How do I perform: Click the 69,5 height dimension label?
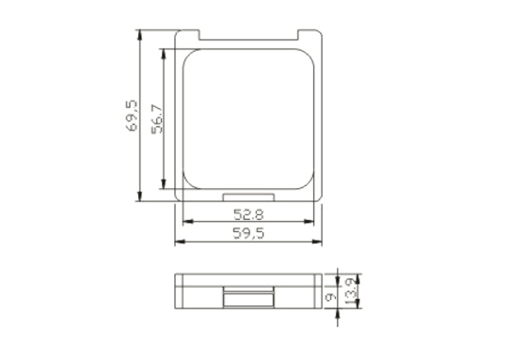(132, 116)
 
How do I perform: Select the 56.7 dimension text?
(157, 118)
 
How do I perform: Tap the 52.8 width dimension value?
(248, 214)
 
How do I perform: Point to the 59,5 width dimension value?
(248, 233)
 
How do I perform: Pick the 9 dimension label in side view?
(331, 297)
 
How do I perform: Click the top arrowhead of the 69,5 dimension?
(139, 35)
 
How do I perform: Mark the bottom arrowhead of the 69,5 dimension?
(139, 196)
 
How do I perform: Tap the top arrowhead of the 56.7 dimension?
(164, 55)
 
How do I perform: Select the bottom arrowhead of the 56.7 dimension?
(164, 183)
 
